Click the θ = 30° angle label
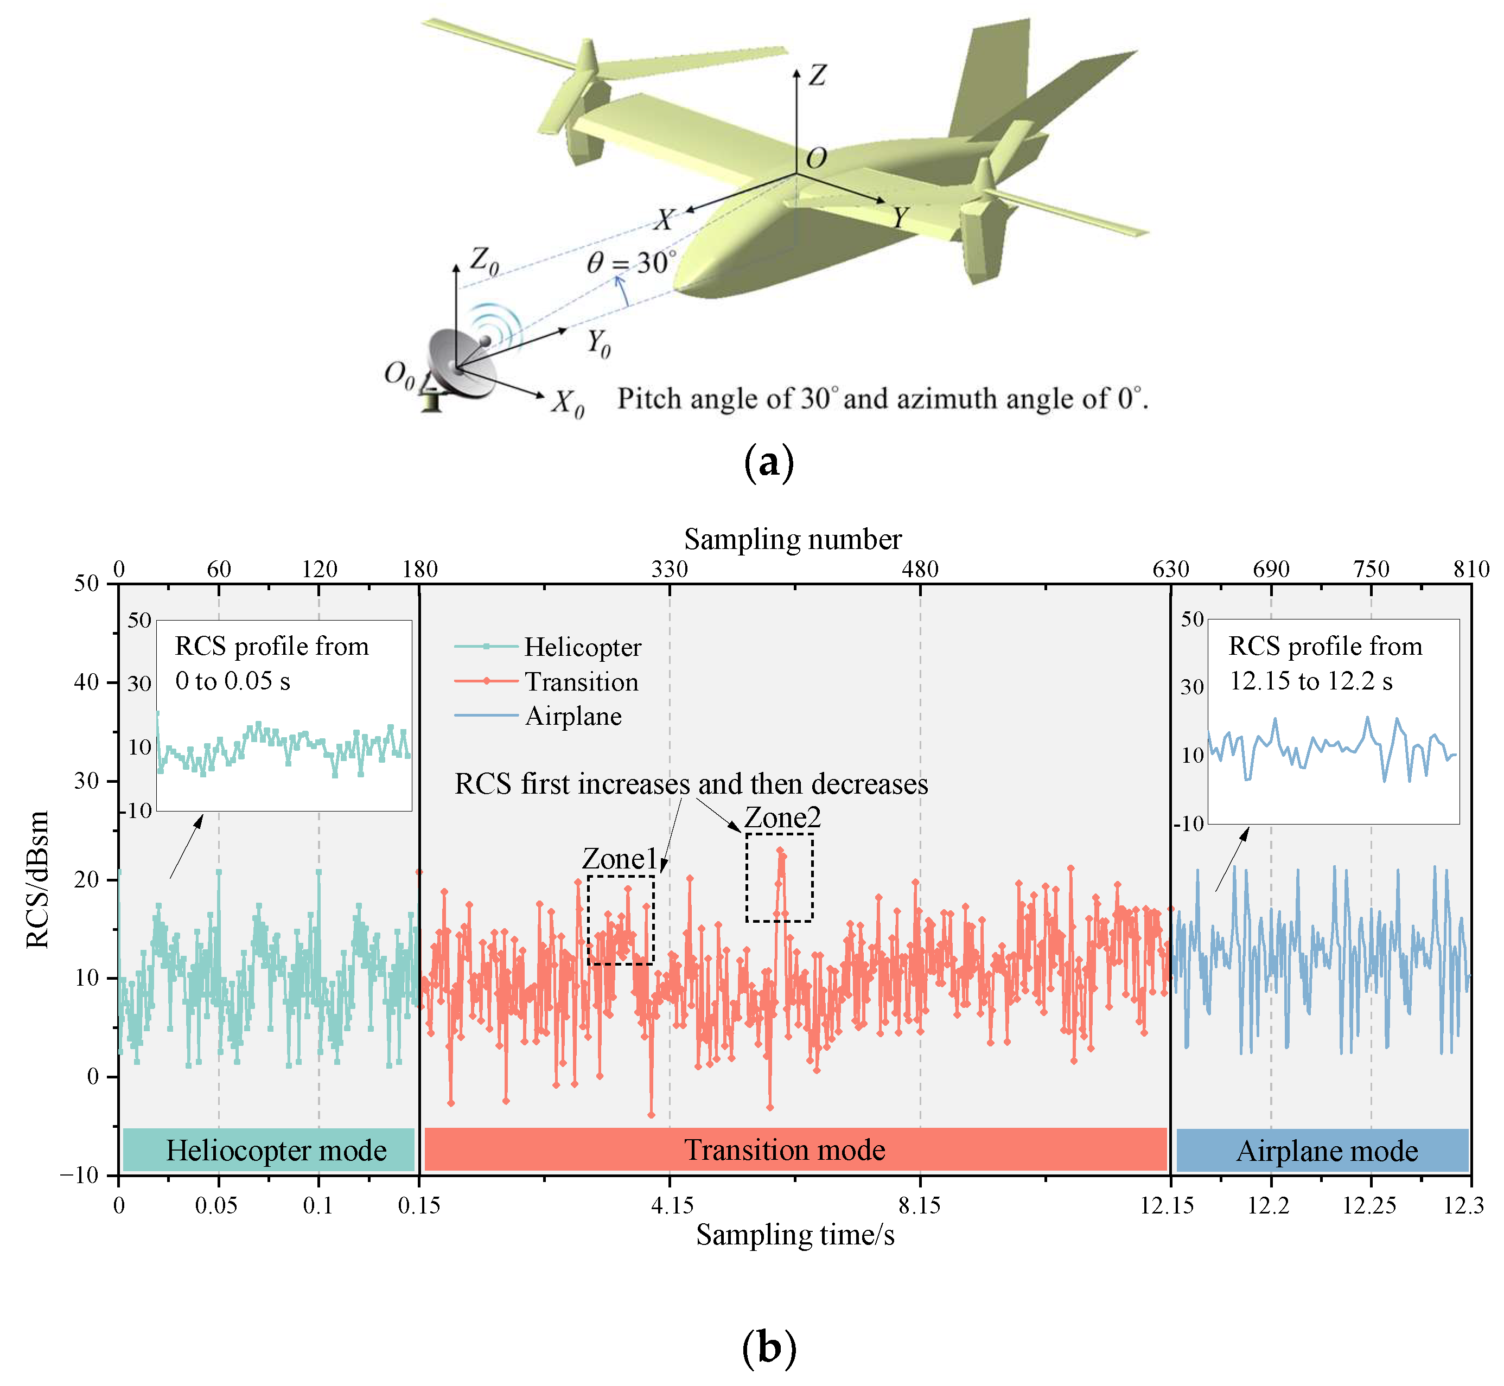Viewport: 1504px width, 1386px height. tap(631, 263)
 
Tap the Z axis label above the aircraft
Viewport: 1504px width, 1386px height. tap(817, 75)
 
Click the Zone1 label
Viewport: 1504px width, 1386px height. tap(620, 859)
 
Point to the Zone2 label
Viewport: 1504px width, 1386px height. tap(782, 817)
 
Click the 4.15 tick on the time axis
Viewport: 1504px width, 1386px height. tap(671, 1205)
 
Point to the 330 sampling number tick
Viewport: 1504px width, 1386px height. tap(670, 569)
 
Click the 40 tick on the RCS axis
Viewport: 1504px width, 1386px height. tap(86, 682)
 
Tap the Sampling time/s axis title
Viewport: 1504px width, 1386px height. tap(794, 1235)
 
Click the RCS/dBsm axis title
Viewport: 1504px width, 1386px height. tap(37, 879)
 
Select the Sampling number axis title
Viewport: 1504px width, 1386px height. tap(792, 539)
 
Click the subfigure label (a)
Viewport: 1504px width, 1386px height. tap(768, 463)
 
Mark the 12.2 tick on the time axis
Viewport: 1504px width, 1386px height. tap(1267, 1205)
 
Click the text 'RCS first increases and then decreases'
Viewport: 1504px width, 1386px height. tap(691, 784)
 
